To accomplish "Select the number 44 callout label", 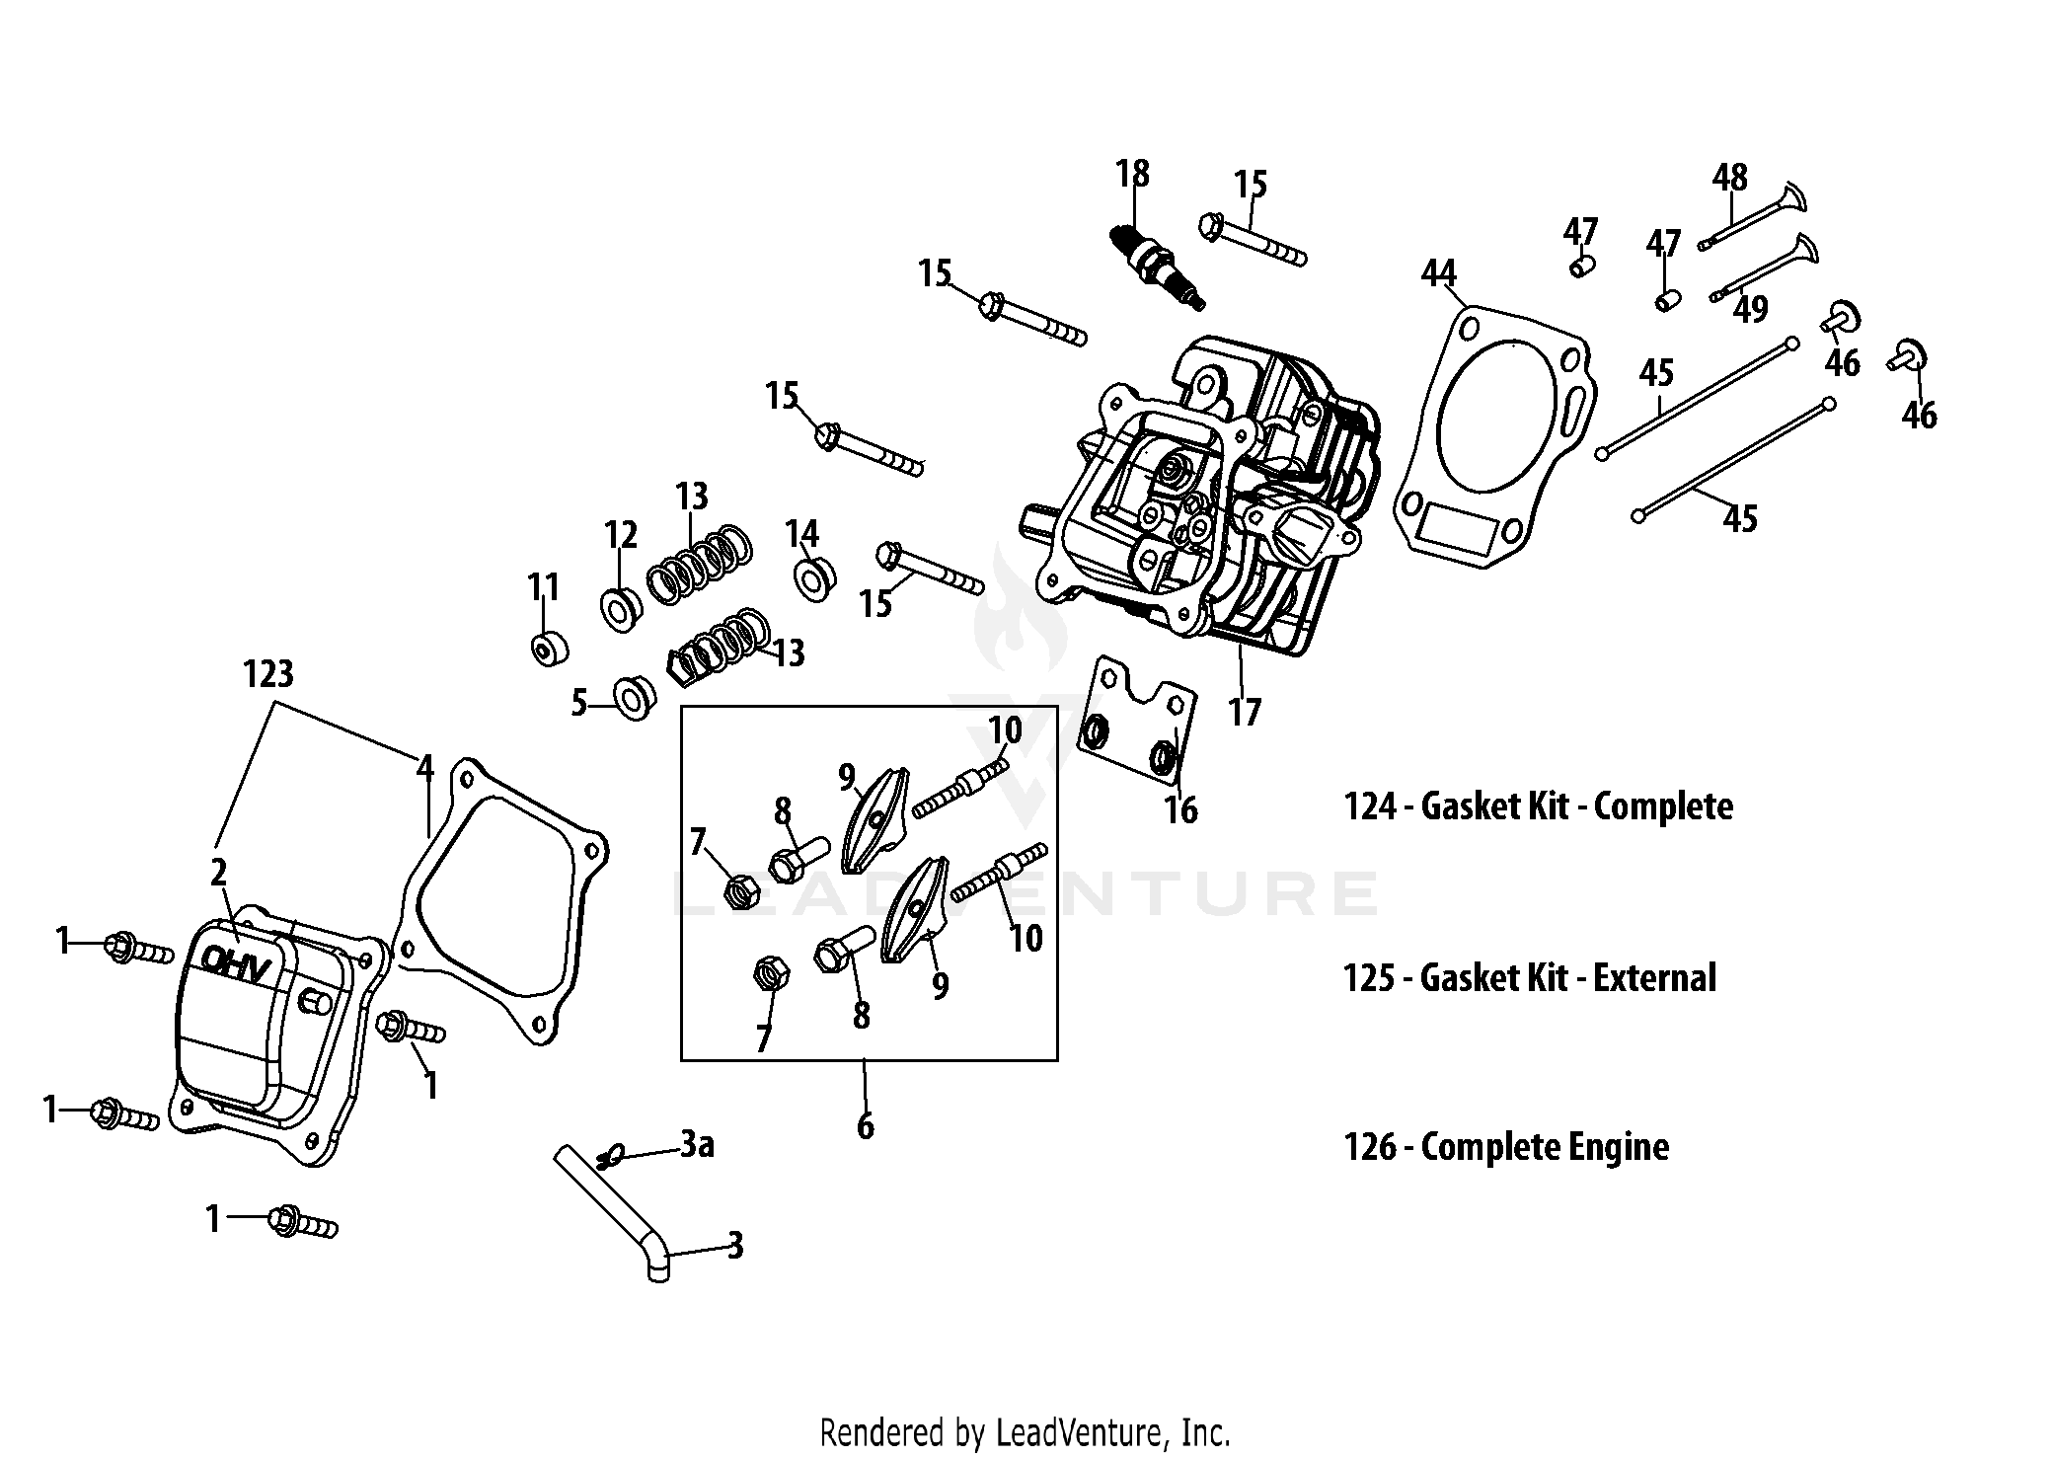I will [x=1439, y=273].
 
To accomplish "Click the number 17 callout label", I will [x=1245, y=712].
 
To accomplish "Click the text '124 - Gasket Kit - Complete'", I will [x=1538, y=806].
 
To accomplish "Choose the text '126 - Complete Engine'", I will [x=1506, y=1147].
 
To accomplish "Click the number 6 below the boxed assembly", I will [x=865, y=1125].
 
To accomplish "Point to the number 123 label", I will [x=268, y=674].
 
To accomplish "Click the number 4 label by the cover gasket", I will [x=425, y=767].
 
